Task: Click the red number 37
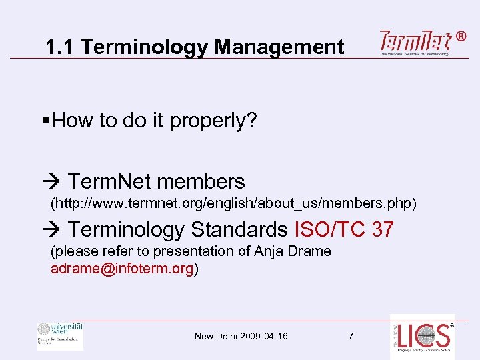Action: (x=383, y=230)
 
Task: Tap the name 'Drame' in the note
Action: (x=309, y=251)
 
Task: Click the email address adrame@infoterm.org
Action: (x=122, y=269)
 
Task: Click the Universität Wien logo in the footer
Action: (x=60, y=335)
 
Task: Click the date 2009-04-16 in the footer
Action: (x=264, y=336)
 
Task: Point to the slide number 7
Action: (x=351, y=336)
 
